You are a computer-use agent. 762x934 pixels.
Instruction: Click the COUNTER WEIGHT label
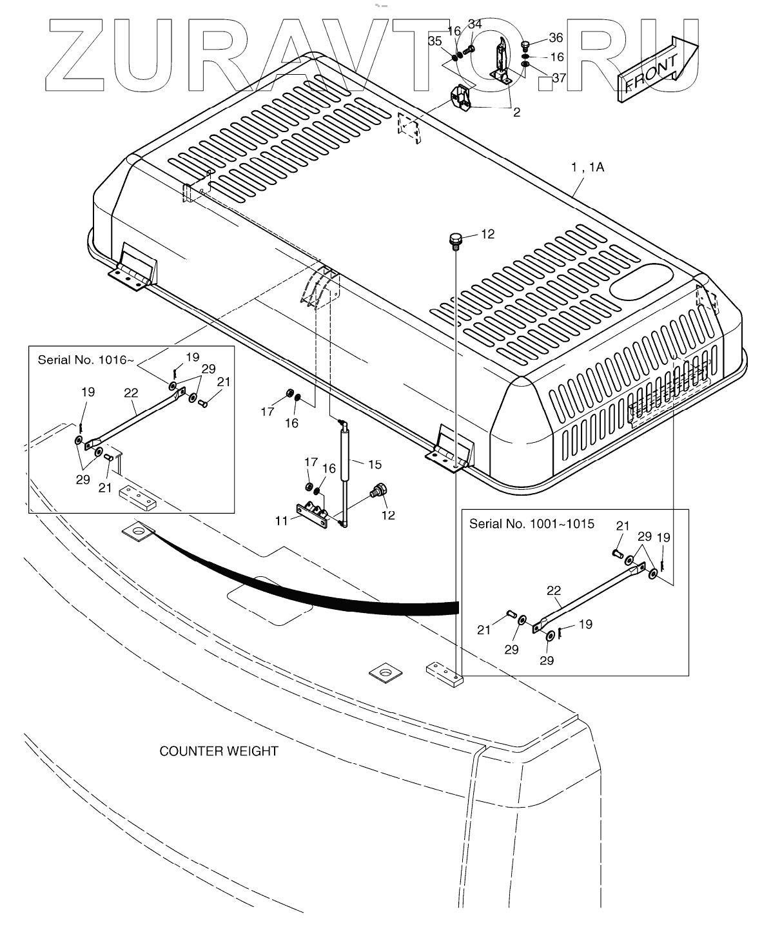point(219,751)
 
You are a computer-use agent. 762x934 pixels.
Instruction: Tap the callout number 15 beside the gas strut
point(375,464)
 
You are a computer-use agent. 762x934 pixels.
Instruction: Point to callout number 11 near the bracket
point(282,520)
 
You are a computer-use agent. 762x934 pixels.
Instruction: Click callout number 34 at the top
point(474,24)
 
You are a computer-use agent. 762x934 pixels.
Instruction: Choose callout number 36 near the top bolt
point(556,37)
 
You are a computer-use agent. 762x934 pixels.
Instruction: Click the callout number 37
point(559,78)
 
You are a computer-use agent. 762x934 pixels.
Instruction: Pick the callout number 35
point(435,41)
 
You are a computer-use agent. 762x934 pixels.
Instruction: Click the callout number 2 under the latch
point(516,112)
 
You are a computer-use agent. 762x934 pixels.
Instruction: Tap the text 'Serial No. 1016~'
point(86,360)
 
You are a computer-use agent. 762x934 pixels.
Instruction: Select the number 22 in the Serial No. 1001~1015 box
point(554,590)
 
